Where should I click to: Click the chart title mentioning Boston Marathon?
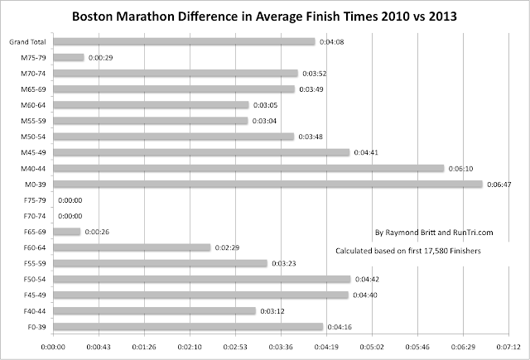point(266,16)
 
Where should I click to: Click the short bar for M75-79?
point(68,57)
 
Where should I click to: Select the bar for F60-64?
point(131,247)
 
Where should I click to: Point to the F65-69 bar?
point(66,231)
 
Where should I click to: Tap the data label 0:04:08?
point(331,41)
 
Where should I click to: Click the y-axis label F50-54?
point(33,279)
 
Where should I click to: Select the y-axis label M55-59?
point(33,121)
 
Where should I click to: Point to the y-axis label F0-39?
point(35,326)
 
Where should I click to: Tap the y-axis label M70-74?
point(33,73)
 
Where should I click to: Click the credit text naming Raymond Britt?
point(423,233)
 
